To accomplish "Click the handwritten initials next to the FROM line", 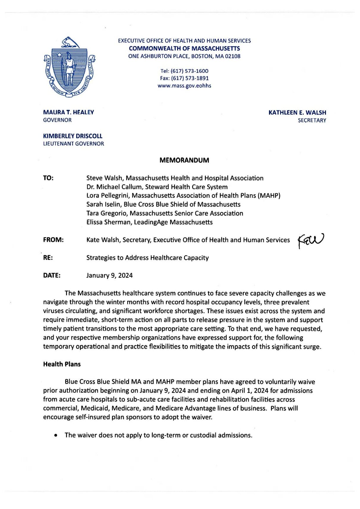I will click(311, 240).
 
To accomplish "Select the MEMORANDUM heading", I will click(184, 160).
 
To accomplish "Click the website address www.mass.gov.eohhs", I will click(184, 86).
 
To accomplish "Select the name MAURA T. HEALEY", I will click(68, 112).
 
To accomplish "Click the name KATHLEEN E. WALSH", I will click(297, 112).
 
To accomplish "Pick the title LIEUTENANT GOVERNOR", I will click(73, 144).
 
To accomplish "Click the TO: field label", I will click(48, 178).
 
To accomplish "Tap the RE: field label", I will click(48, 258).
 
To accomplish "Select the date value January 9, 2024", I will click(109, 275).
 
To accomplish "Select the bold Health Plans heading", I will click(62, 364).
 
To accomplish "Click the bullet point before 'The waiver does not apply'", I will click(56, 435).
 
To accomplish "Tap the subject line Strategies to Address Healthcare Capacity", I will click(147, 258).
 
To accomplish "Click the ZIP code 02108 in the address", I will click(232, 56).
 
